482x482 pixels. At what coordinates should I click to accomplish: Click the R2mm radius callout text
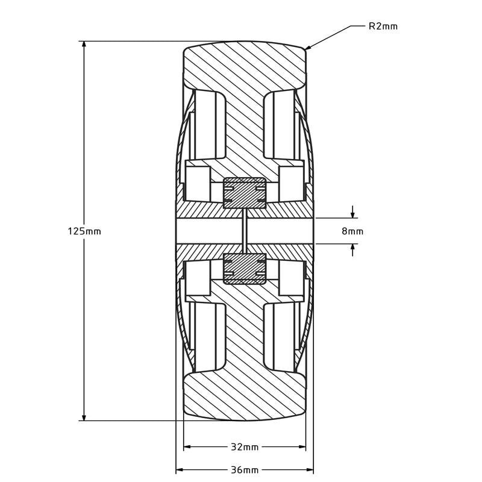383,27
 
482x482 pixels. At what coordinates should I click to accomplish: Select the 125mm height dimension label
84,231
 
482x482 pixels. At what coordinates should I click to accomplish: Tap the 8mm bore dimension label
352,231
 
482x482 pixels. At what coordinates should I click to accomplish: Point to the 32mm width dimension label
245,447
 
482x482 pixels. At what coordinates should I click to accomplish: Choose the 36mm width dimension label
245,470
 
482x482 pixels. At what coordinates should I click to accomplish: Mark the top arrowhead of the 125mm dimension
84,45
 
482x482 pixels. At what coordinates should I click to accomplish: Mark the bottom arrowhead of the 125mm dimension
84,416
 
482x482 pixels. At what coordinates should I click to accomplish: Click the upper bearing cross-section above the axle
245,193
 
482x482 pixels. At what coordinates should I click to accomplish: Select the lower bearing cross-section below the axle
245,268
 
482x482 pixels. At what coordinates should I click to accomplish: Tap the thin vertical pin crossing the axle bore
245,231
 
